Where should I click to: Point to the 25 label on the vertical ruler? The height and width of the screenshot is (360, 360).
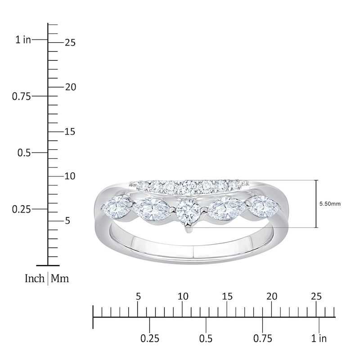(70, 43)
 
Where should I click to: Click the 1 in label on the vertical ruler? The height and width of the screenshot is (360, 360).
(23, 40)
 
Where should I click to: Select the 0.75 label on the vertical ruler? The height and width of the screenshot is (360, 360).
(22, 96)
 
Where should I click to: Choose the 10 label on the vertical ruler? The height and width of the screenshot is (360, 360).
(70, 176)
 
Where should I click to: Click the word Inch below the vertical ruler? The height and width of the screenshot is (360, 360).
(34, 279)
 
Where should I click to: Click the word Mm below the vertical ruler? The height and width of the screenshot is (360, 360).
(60, 279)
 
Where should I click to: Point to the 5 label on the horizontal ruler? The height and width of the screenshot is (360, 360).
(138, 297)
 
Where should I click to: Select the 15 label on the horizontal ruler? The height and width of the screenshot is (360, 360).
(227, 297)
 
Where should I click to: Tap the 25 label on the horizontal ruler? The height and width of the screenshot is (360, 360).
(316, 297)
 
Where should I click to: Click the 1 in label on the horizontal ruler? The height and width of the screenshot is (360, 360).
(319, 338)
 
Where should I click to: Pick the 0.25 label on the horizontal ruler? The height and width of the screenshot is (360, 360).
(150, 338)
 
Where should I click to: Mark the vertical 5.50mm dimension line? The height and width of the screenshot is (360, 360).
(316, 204)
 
